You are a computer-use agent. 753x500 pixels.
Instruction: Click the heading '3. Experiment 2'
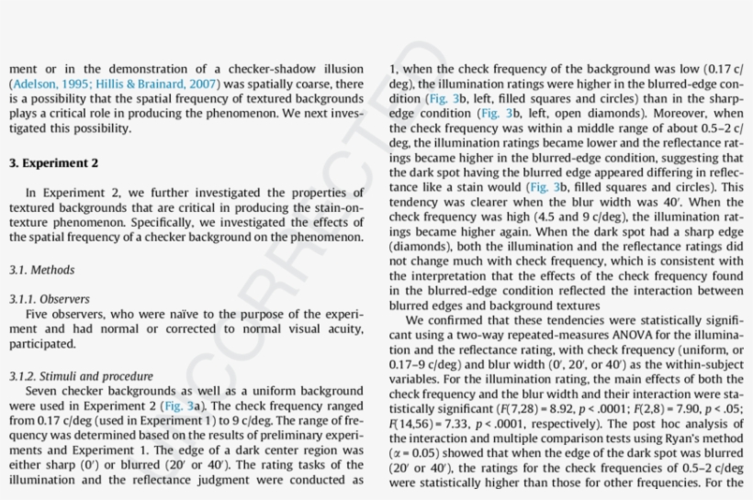tap(53, 163)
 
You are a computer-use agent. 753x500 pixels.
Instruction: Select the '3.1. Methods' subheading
tap(42, 270)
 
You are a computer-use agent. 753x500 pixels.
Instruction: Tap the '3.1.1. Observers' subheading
tap(50, 299)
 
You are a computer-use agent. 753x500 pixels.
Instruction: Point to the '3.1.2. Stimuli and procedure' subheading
tap(82, 376)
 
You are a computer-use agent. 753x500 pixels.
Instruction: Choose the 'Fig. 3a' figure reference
tap(179, 406)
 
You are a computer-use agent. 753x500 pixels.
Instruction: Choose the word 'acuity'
tap(341, 328)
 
